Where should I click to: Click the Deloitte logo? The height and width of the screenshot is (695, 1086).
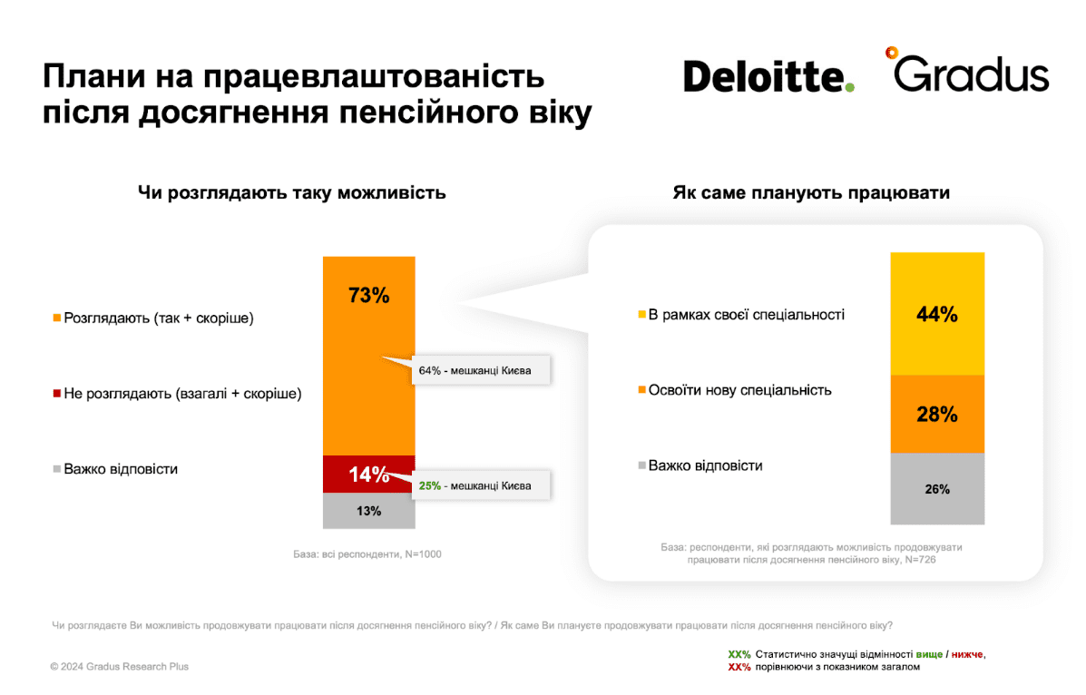click(x=768, y=76)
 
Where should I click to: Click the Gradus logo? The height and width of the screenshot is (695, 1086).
click(x=967, y=71)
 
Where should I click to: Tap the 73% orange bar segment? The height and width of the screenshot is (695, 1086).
click(x=369, y=357)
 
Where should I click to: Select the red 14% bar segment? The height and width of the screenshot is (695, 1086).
click(x=369, y=475)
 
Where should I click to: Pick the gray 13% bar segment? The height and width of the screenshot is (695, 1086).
click(x=369, y=512)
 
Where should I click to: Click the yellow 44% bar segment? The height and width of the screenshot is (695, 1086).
click(x=937, y=314)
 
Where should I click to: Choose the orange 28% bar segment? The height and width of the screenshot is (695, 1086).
click(x=937, y=415)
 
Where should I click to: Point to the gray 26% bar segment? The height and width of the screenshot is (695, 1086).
click(x=937, y=489)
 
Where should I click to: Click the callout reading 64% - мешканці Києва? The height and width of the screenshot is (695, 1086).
click(x=482, y=370)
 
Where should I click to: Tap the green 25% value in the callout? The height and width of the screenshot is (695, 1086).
click(x=429, y=485)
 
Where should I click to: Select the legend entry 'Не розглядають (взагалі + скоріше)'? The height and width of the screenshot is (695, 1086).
click(x=177, y=394)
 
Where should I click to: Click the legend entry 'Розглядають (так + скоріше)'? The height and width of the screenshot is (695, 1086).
click(x=153, y=318)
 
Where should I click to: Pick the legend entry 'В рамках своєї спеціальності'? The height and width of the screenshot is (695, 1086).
click(x=741, y=315)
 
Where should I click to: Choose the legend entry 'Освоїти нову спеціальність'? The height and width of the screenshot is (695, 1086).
click(x=735, y=390)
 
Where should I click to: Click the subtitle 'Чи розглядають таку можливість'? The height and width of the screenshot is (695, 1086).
click(x=291, y=192)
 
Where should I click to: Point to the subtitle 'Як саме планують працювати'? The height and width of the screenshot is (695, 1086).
click(x=811, y=192)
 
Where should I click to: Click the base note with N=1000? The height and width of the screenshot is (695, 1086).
click(x=367, y=554)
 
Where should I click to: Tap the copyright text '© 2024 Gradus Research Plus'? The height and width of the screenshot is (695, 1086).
click(x=119, y=667)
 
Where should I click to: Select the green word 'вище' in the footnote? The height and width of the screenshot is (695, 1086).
click(x=929, y=654)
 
